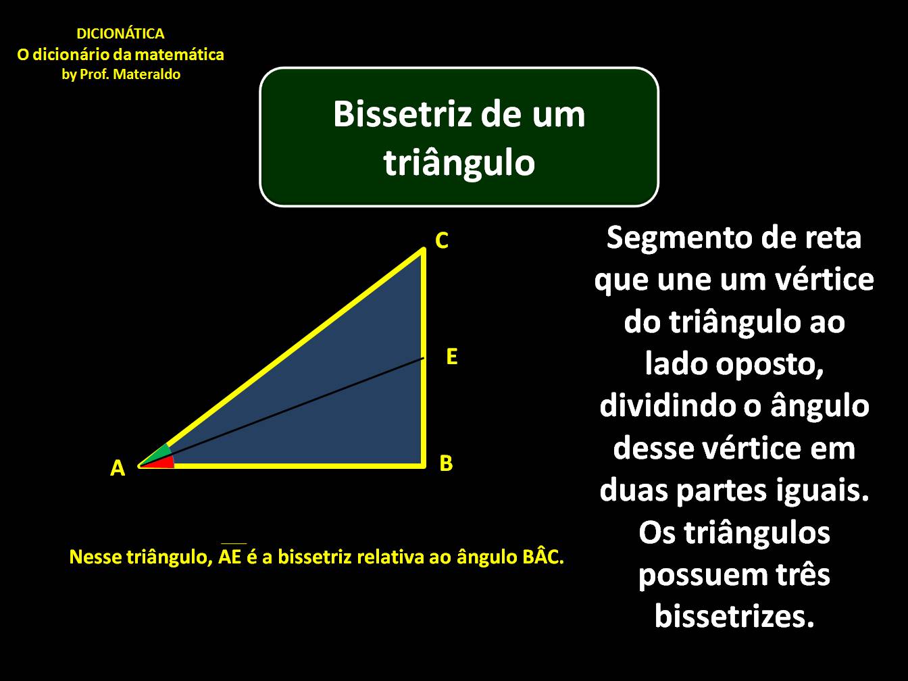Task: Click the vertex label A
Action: pos(118,468)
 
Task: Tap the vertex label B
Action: pos(446,463)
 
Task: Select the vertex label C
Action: pos(442,241)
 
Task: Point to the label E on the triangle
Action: pos(452,357)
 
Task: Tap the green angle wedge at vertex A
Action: pos(160,453)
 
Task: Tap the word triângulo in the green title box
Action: pos(459,162)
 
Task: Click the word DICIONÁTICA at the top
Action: pos(120,34)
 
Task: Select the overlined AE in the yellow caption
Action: pos(232,557)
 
